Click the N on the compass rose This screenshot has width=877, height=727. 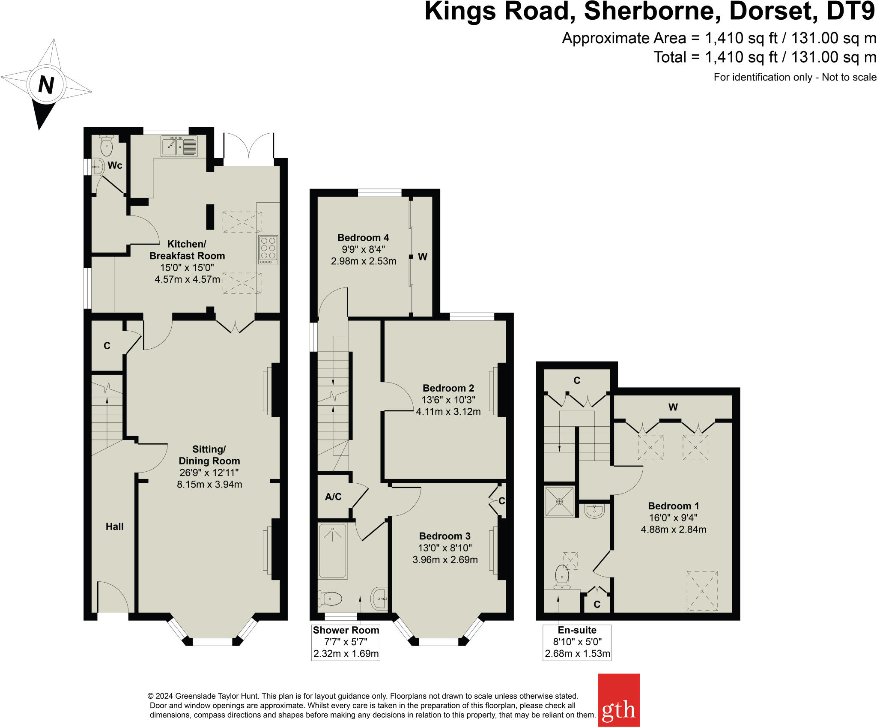pos(46,84)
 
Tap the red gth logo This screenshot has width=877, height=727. pos(618,700)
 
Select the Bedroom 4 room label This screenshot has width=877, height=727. pos(363,238)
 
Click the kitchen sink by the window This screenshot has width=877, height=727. pos(179,146)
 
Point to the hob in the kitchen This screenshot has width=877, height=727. pos(268,250)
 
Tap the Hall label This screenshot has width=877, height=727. pos(114,527)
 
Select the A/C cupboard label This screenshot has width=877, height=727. pos(333,497)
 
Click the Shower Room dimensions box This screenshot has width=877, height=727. pos(346,642)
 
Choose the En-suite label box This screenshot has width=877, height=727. pos(577,642)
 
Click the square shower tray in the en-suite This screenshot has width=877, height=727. pos(559,501)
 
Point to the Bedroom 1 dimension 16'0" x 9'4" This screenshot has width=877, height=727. pos(673,518)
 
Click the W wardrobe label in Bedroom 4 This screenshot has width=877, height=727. pos(423,257)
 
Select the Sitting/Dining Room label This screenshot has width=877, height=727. pos(209,455)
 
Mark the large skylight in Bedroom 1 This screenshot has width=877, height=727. pos(702,591)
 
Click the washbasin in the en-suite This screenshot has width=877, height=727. pos(594,511)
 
